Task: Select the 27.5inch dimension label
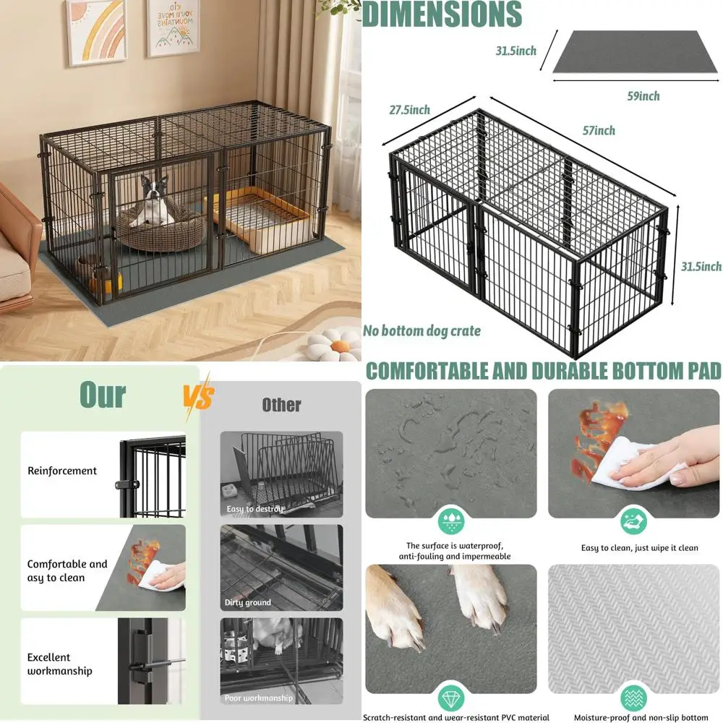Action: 408,110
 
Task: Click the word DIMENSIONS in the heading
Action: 442,14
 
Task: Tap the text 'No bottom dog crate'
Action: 423,331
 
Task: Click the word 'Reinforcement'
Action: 62,471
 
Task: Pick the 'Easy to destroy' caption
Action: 255,509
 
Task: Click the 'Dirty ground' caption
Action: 248,602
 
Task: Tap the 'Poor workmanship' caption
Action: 259,698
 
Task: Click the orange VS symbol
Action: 197,396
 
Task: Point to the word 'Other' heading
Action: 281,404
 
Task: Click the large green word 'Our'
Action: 102,395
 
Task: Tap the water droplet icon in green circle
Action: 451,520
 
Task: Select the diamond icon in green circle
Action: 451,698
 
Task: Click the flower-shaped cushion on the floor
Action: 333,345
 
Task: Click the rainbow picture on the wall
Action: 96,30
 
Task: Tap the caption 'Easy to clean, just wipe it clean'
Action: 639,548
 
